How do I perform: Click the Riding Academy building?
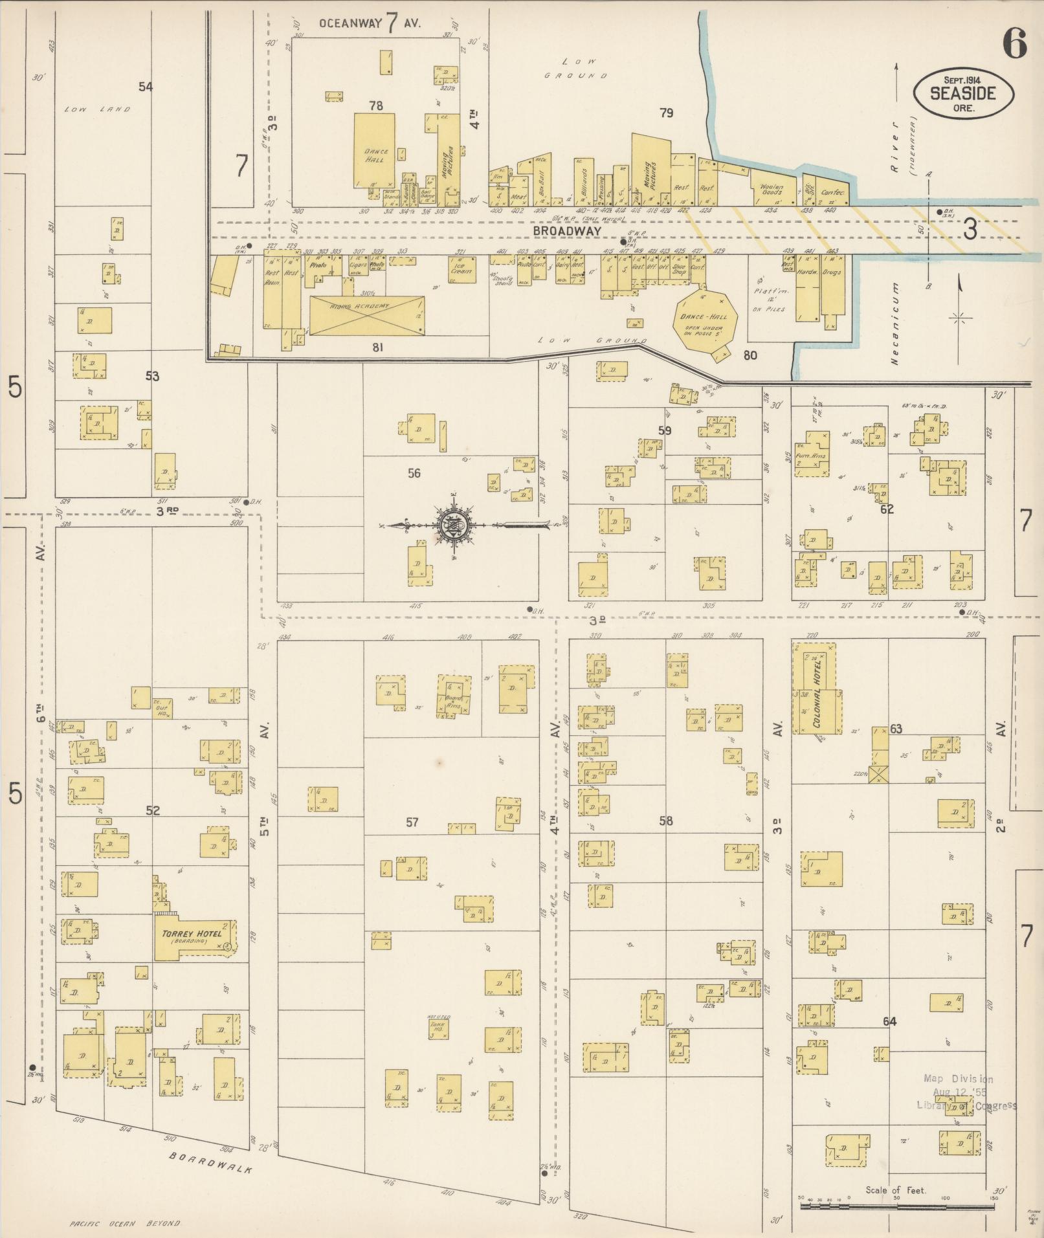tap(366, 315)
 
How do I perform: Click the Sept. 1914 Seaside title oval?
tap(963, 94)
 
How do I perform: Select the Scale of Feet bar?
tap(896, 1206)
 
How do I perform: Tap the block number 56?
tap(414, 473)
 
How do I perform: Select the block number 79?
tap(666, 113)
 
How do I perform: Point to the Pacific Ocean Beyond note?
tap(125, 1223)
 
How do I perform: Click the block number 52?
tap(153, 810)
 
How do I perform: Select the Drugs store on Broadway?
tap(832, 285)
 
